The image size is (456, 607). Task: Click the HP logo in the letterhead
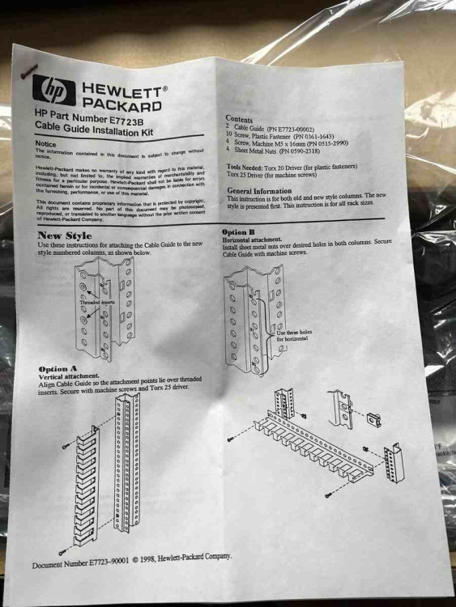(54, 90)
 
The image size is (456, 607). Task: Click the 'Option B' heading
(239, 232)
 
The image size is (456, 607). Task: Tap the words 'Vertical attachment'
(69, 376)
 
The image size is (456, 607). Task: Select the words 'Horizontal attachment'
(252, 240)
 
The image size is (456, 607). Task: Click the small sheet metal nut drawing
(374, 420)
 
